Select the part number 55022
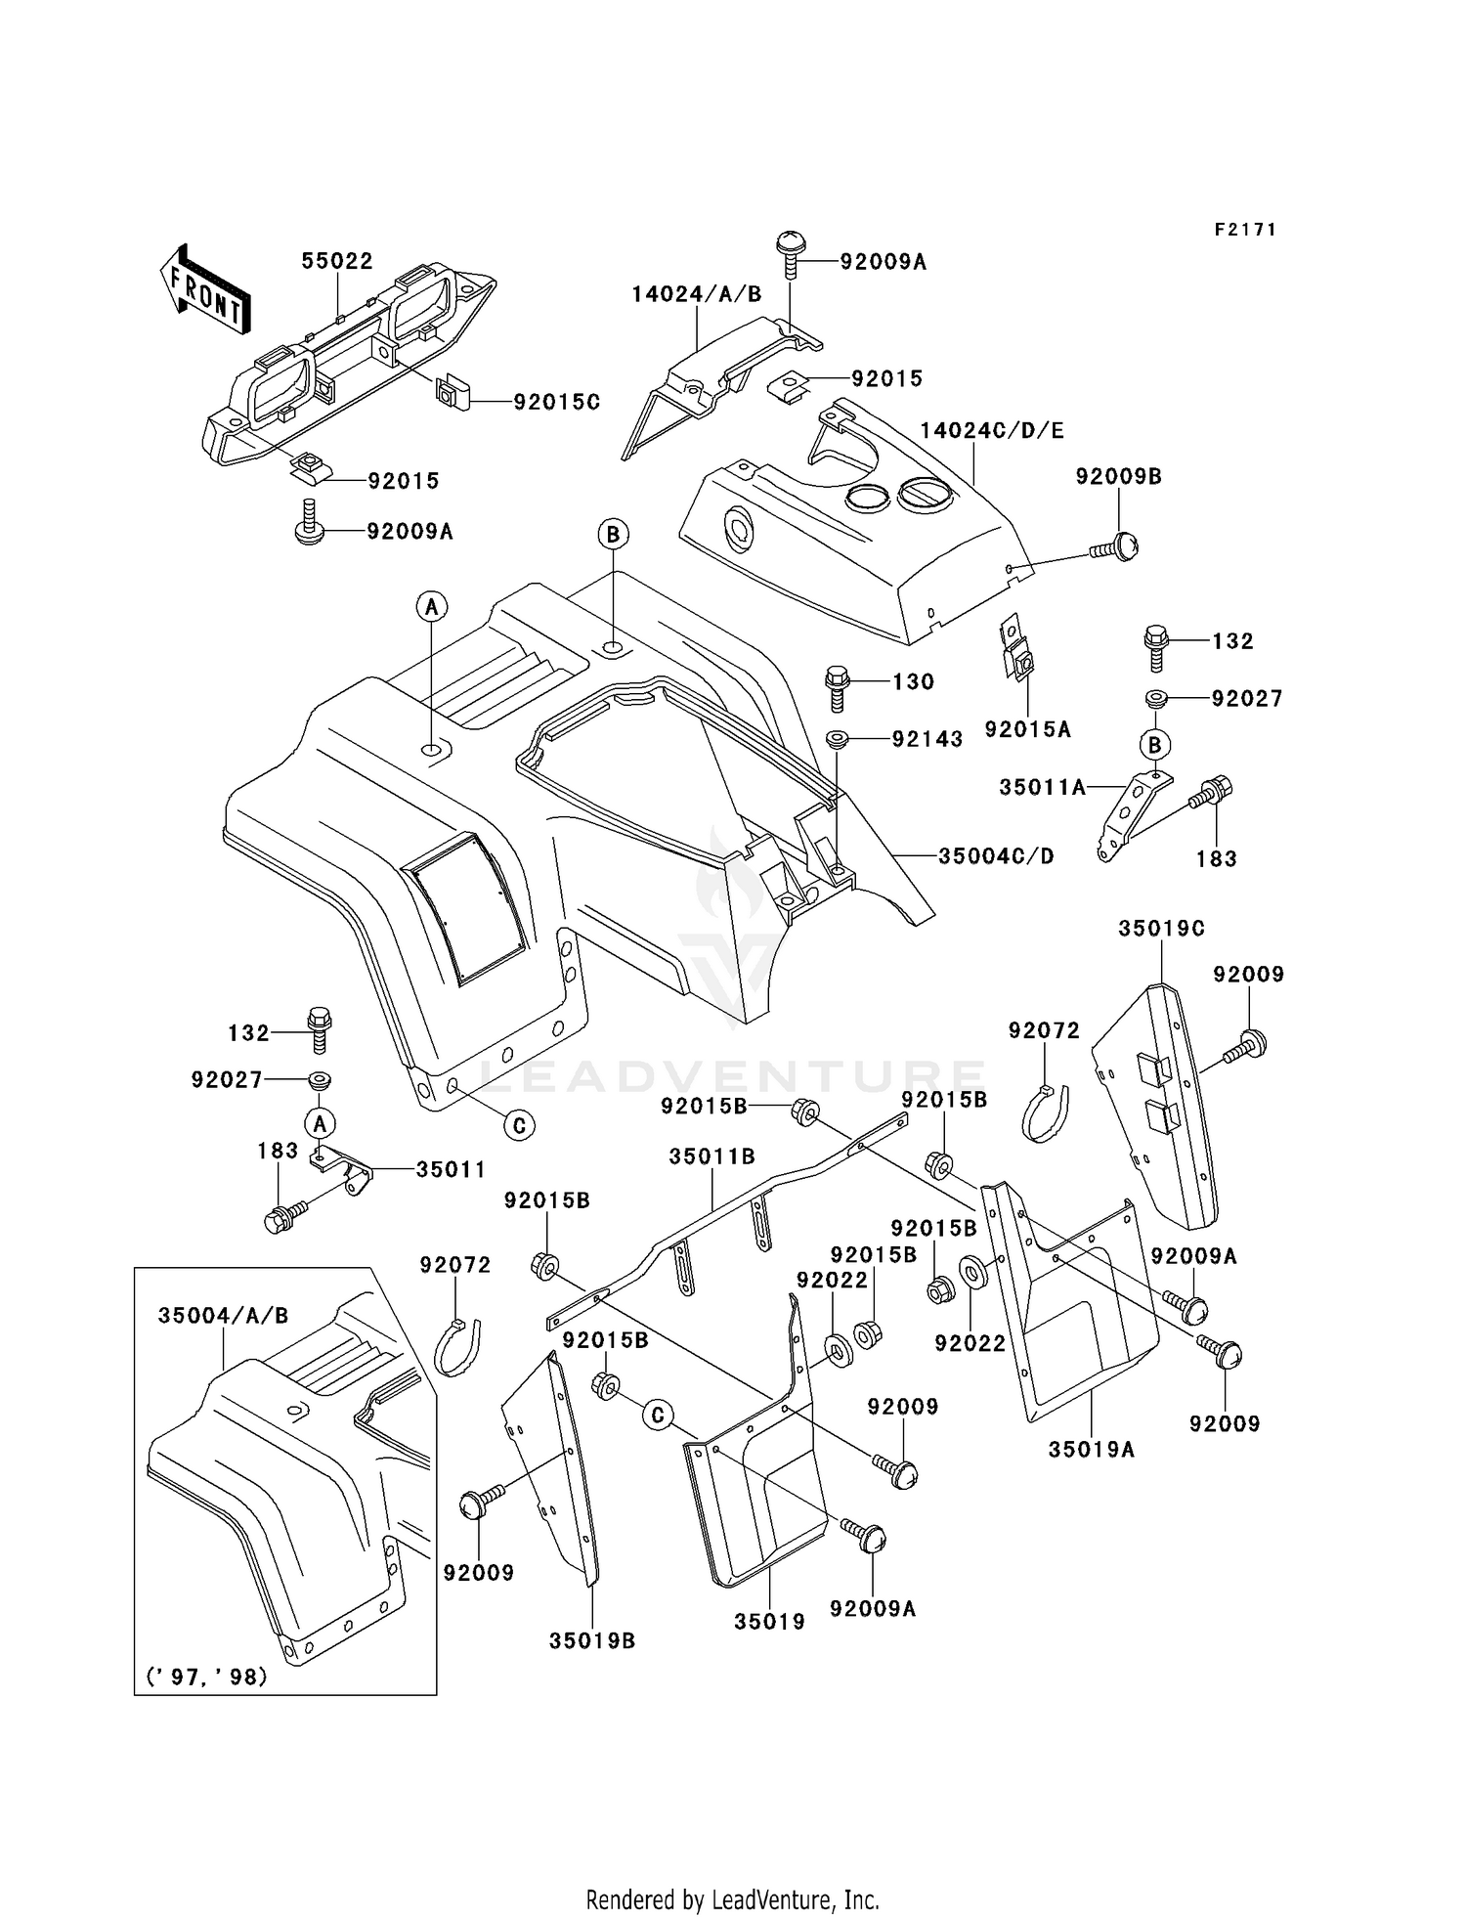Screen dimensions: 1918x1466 pos(336,261)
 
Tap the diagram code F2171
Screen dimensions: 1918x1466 pos(1245,230)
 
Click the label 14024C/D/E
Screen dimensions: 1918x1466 pos(991,430)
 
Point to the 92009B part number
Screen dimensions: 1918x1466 pos(1118,476)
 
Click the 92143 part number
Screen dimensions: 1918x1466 pos(927,739)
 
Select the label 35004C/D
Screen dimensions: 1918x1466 pos(996,856)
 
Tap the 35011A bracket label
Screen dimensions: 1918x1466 pos(1042,787)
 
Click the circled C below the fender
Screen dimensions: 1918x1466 pos(519,1126)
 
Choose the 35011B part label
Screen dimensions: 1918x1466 pos(711,1156)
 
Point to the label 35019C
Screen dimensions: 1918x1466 pos(1161,928)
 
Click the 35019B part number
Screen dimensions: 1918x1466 pos(591,1641)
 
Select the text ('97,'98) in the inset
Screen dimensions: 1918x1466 pos(206,1677)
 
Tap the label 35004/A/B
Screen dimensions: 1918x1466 pos(223,1316)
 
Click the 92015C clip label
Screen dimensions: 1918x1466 pos(556,402)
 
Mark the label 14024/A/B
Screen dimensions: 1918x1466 pos(696,294)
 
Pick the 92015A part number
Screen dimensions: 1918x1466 pos(1027,729)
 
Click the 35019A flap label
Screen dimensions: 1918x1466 pos(1091,1450)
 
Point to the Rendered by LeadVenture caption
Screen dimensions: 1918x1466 pos(732,1899)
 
